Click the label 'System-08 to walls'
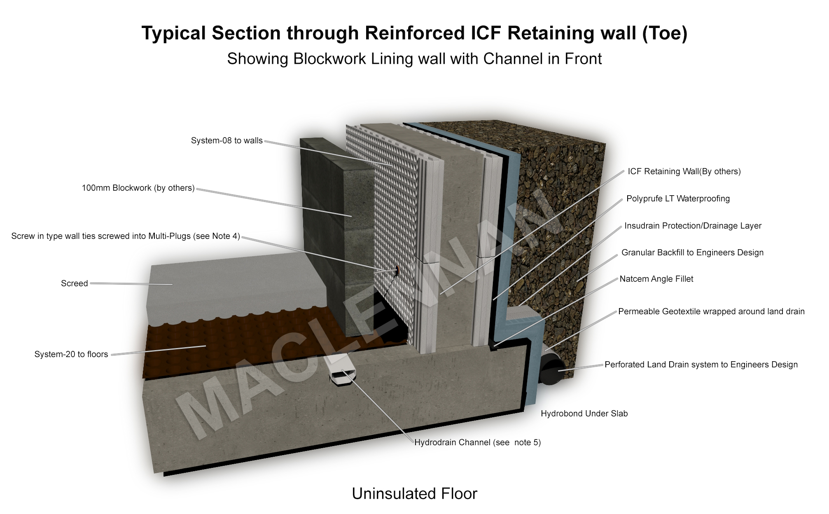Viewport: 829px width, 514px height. pos(227,141)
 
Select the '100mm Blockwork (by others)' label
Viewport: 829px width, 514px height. pos(138,188)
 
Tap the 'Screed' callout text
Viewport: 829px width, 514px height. pos(75,284)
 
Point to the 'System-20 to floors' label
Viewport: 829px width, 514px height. pos(71,355)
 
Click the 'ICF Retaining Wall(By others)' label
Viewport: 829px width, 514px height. pos(684,172)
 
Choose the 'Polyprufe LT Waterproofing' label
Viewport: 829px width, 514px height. pos(678,199)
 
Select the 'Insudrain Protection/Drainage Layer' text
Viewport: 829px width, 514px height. pos(693,226)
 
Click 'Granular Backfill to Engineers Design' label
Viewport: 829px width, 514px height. pos(692,253)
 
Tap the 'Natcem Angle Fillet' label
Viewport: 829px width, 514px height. pos(656,279)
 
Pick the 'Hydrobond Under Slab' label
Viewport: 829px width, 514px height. pos(584,414)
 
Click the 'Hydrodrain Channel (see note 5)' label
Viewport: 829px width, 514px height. pos(477,443)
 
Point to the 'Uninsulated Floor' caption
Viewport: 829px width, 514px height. pos(414,494)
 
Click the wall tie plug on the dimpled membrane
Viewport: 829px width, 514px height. pos(397,271)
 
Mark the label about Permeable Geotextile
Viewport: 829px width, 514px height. pos(711,312)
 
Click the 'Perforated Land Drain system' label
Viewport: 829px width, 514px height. pos(701,365)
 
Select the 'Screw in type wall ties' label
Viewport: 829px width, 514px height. pos(126,236)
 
